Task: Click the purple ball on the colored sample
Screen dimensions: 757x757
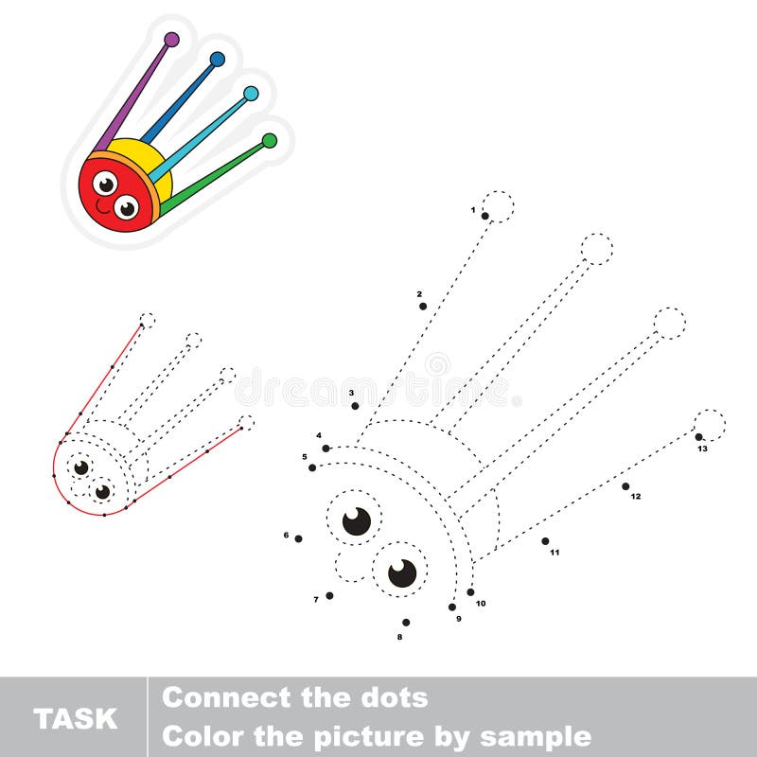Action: pyautogui.click(x=171, y=39)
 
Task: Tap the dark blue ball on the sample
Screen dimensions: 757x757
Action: pyautogui.click(x=218, y=59)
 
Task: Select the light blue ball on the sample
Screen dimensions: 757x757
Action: pyautogui.click(x=251, y=93)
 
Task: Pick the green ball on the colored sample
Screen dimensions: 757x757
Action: pyautogui.click(x=270, y=140)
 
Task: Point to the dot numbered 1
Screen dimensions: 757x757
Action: pyautogui.click(x=484, y=216)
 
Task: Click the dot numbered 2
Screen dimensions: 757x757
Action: pyautogui.click(x=423, y=306)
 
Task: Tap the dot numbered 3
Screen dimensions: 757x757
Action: pyautogui.click(x=355, y=405)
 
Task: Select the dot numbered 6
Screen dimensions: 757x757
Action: pyautogui.click(x=298, y=538)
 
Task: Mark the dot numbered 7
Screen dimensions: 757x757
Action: pyautogui.click(x=329, y=595)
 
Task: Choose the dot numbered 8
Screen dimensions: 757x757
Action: pyautogui.click(x=406, y=622)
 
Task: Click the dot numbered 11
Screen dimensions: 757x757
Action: pyautogui.click(x=545, y=541)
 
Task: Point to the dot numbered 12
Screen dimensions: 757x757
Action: pyautogui.click(x=625, y=486)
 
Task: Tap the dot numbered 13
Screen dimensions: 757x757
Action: pyautogui.click(x=699, y=436)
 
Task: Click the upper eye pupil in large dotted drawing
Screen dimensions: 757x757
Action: pyautogui.click(x=357, y=520)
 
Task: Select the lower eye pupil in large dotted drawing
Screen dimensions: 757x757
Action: pyautogui.click(x=402, y=572)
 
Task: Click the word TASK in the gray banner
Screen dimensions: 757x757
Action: pyautogui.click(x=76, y=718)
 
